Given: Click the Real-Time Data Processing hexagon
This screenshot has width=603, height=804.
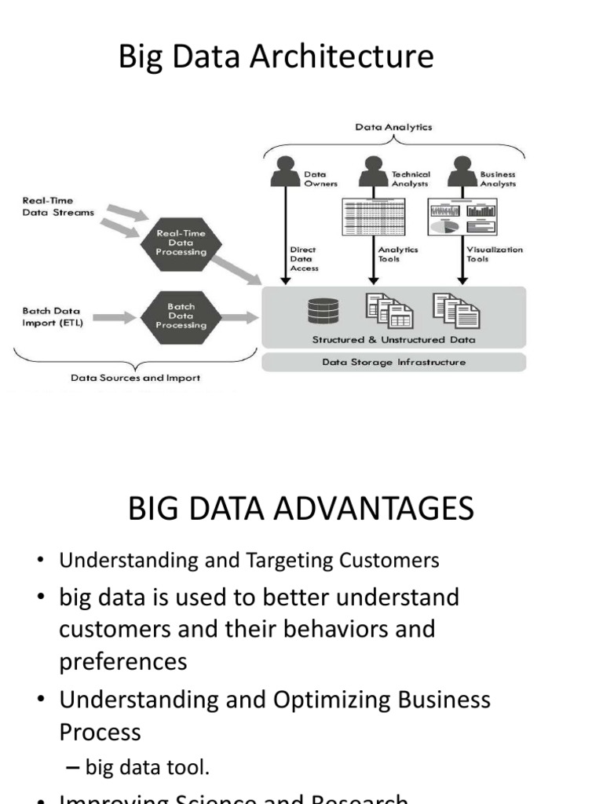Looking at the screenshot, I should pyautogui.click(x=181, y=243).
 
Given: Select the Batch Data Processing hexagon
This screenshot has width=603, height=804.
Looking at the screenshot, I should pyautogui.click(x=181, y=316).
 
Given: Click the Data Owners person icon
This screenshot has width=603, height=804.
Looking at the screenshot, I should pyautogui.click(x=285, y=172).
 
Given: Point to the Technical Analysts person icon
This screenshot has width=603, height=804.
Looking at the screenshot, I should pyautogui.click(x=372, y=172).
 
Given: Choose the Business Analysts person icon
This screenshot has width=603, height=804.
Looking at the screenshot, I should pyautogui.click(x=460, y=172).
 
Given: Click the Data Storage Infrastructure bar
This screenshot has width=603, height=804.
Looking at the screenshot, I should pyautogui.click(x=393, y=363).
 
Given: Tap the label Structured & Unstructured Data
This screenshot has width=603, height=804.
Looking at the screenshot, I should pyautogui.click(x=393, y=340).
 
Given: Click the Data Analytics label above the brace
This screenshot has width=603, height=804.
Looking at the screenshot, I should pyautogui.click(x=393, y=126).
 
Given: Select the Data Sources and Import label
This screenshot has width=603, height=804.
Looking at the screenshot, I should pyautogui.click(x=135, y=378).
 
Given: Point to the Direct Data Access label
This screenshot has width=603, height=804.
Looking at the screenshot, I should pyautogui.click(x=303, y=258).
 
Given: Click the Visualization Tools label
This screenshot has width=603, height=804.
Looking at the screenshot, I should pyautogui.click(x=495, y=254).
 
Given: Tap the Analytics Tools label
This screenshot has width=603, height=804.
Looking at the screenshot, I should pyautogui.click(x=398, y=254).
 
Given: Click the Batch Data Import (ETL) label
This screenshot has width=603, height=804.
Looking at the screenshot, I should pyautogui.click(x=53, y=316).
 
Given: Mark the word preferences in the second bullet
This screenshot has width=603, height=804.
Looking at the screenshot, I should pyautogui.click(x=123, y=661).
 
